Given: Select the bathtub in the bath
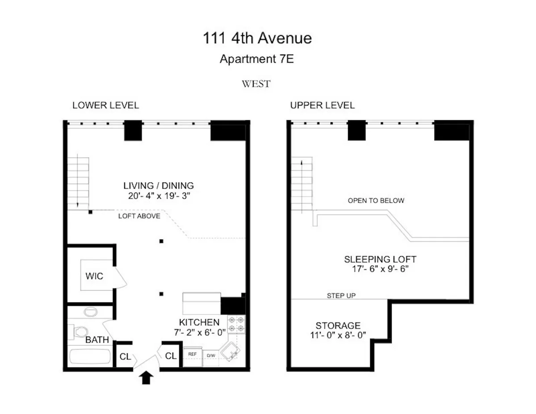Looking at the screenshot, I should point(90,357).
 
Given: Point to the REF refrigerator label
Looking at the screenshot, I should point(193,354).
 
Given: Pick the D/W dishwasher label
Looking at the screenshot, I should point(211,355).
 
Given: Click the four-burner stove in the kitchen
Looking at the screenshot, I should point(237,324).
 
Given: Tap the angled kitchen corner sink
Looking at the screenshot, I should point(231,353).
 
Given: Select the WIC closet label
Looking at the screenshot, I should point(94,276).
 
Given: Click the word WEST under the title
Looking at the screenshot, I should point(256,84).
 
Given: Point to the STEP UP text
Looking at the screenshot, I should point(341,296).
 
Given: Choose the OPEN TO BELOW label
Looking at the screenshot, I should point(376,201).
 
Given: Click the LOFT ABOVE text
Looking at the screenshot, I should point(139,216).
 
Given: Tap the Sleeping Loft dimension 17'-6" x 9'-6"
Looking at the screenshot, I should point(380,269).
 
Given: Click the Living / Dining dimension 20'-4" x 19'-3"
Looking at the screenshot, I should point(159,196).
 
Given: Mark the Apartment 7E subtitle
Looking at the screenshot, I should point(257,59).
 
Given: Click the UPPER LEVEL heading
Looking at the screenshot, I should point(322,105).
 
